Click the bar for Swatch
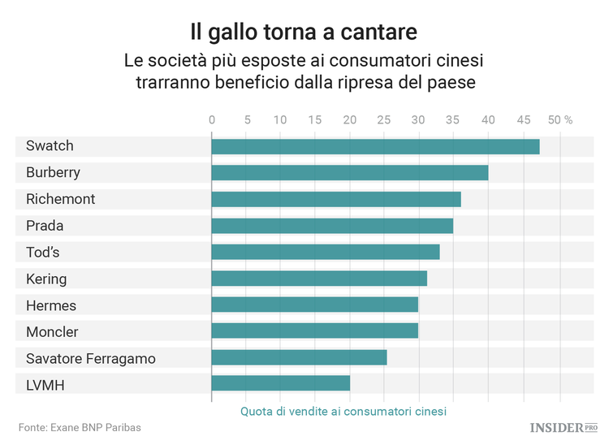click(375, 146)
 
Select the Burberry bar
click(349, 173)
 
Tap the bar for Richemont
click(335, 199)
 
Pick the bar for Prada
click(332, 226)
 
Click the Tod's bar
click(325, 253)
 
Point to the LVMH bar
click(280, 383)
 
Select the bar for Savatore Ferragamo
click(299, 357)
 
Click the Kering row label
click(46, 279)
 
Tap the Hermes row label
click(51, 306)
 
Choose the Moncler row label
click(52, 332)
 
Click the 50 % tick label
click(560, 119)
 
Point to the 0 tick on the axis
click(212, 119)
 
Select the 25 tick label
click(384, 119)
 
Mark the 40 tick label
click(488, 119)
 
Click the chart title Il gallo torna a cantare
click(304, 32)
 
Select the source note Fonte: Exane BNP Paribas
click(74, 427)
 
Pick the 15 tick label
click(315, 119)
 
